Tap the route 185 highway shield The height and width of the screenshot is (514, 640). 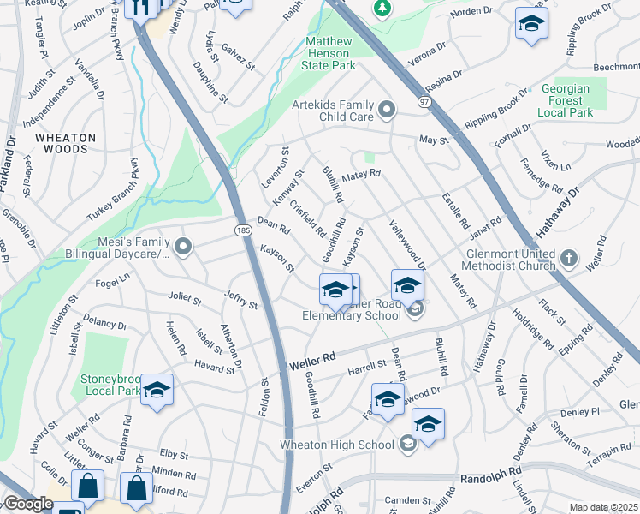click(x=243, y=230)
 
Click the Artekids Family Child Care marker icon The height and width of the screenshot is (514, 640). click(x=388, y=110)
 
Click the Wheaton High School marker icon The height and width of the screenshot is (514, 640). click(x=408, y=443)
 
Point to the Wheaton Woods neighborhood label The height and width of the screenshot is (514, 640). click(x=61, y=143)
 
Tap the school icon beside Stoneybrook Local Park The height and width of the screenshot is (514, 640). click(x=157, y=390)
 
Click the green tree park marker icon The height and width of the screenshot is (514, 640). click(x=382, y=9)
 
